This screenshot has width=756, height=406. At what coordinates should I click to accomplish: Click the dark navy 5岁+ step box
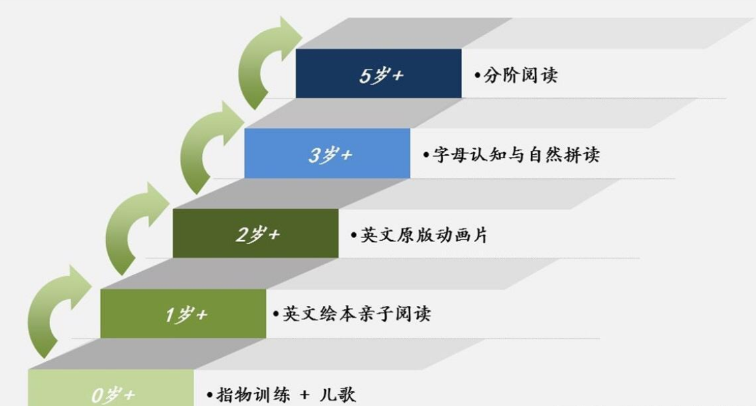379,74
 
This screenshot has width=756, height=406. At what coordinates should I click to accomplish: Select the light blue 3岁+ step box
327,153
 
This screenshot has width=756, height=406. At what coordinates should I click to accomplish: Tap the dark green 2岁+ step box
255,233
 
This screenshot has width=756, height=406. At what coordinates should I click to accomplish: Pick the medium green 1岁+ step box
183,314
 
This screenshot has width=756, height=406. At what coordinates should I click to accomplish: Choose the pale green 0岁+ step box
111,388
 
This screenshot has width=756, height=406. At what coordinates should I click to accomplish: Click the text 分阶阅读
521,75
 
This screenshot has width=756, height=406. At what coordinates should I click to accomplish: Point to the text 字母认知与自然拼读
516,155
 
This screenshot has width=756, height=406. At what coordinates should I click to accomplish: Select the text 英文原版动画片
424,235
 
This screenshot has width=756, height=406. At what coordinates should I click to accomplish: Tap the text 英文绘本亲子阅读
356,314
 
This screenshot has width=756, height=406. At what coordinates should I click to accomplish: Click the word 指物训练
253,394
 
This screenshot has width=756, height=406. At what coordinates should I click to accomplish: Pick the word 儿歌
338,394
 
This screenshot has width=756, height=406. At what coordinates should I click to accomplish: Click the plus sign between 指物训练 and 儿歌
304,395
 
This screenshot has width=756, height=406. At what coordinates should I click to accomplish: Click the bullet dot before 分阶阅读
477,75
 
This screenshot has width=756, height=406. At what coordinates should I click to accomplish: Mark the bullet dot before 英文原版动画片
354,236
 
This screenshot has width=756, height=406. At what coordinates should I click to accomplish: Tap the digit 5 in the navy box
365,75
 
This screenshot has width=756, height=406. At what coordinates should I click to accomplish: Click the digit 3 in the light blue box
314,155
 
